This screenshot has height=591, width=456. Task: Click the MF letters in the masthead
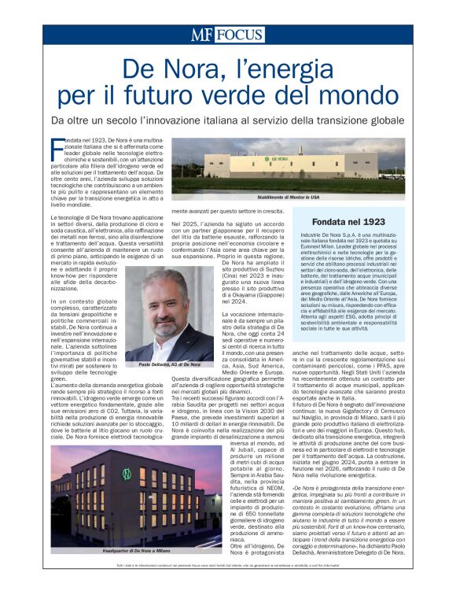pyautogui.click(x=201, y=35)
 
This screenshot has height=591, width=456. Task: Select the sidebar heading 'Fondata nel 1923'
pyautogui.click(x=348, y=221)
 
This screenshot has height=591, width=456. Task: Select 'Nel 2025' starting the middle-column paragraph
pyautogui.click(x=185, y=223)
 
